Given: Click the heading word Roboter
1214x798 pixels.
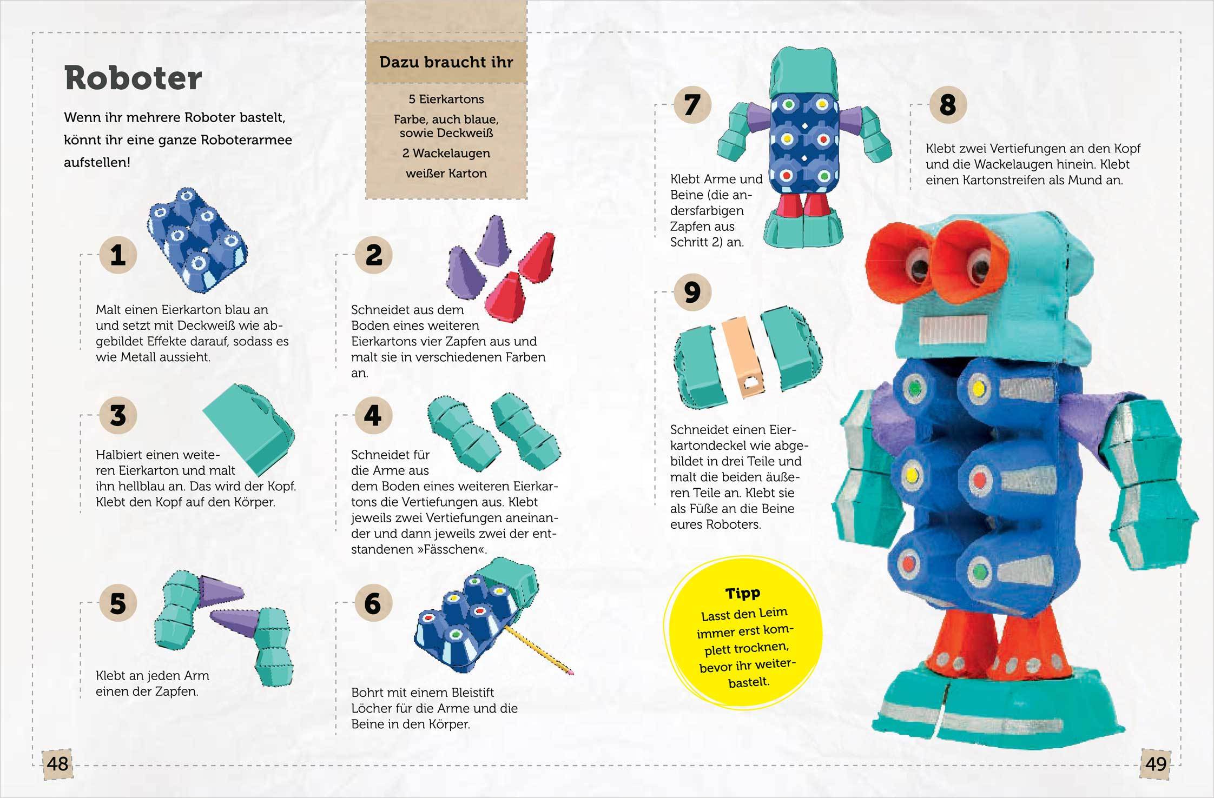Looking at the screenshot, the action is click(133, 79).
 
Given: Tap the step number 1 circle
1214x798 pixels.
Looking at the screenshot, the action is click(118, 255).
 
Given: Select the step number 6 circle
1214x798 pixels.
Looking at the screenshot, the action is click(373, 603).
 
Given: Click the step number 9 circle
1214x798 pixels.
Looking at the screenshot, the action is click(692, 292).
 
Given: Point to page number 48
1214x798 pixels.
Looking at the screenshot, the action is click(57, 764).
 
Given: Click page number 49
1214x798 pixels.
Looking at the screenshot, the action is click(1156, 764).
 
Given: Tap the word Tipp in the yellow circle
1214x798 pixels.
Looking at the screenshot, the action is click(743, 593).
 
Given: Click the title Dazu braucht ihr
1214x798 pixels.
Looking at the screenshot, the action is click(446, 62).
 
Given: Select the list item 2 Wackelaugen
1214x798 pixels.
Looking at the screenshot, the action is click(446, 154).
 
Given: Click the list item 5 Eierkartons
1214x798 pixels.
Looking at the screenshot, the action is click(446, 99).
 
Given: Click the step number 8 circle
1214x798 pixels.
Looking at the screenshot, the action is click(948, 104).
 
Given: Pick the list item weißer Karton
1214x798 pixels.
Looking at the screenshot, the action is click(446, 174).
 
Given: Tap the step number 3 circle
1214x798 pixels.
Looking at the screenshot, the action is click(118, 415).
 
